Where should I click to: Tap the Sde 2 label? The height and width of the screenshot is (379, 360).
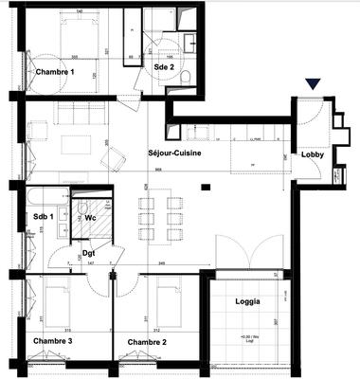click(165, 67)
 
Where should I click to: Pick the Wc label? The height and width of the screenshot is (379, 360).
click(92, 217)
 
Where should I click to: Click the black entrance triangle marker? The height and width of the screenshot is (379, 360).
click(314, 85)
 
